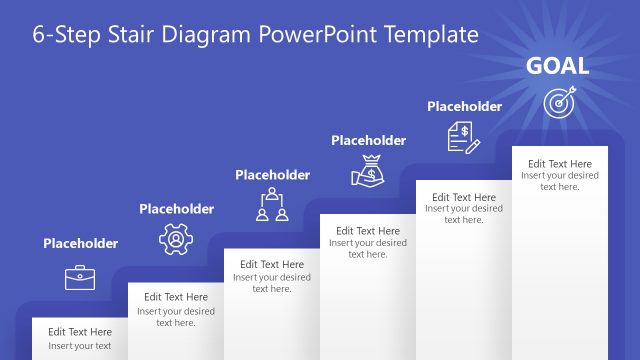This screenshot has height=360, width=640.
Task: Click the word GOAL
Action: pos(557,67)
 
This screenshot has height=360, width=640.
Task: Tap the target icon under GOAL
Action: pos(559,102)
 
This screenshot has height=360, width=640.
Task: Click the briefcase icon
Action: pos(80,277)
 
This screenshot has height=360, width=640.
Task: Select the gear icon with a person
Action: pos(175,240)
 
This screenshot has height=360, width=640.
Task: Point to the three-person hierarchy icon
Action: pos(272,204)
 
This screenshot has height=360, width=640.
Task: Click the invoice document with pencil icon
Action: pos(463,136)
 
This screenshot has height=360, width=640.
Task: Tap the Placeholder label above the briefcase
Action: pos(80,243)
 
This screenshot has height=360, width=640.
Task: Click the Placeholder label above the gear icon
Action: pos(176,209)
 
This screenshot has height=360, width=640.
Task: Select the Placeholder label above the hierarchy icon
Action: pos(272,175)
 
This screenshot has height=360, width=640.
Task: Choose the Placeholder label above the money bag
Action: pos(368,141)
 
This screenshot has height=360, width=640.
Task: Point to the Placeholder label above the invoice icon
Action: pos(464,106)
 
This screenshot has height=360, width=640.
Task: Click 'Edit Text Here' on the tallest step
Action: pos(560,164)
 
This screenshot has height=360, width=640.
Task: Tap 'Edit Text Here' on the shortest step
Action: pos(80,332)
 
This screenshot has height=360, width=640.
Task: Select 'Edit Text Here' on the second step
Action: pos(176,297)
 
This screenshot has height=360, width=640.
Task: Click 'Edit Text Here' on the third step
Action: pos(272,264)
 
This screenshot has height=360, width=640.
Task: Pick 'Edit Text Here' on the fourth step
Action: pos(368,231)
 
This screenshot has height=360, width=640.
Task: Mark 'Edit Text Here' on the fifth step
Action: pos(464,197)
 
